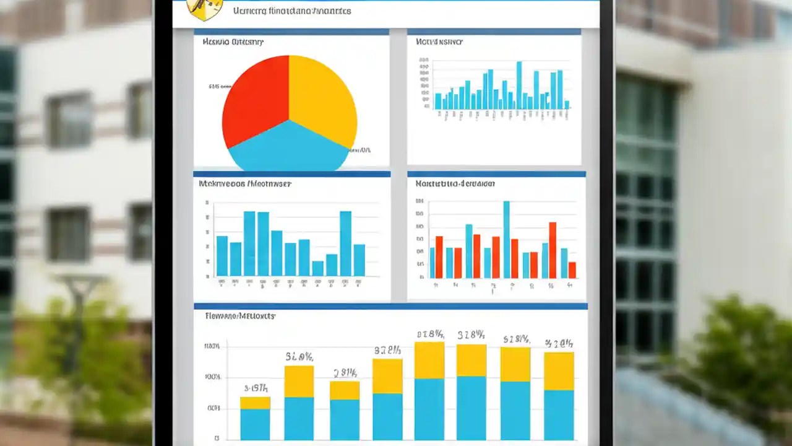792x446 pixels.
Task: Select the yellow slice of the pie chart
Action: (x=322, y=93)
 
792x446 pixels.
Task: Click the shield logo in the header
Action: (x=204, y=9)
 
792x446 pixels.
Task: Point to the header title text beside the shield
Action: (x=292, y=11)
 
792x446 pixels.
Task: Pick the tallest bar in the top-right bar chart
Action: (x=519, y=85)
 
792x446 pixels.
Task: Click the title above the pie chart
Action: (x=233, y=42)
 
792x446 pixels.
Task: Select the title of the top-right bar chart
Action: (x=439, y=42)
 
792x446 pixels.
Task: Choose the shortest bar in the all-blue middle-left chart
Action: (x=318, y=268)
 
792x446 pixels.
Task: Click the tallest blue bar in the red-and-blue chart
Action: (x=506, y=239)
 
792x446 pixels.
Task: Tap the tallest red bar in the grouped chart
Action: (x=553, y=250)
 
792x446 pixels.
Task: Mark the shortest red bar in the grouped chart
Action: (x=572, y=270)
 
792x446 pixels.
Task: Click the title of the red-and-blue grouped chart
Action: (x=455, y=184)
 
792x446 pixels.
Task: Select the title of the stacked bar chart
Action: (x=239, y=316)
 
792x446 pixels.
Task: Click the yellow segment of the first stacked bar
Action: (x=255, y=403)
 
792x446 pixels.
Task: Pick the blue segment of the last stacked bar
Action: (x=559, y=415)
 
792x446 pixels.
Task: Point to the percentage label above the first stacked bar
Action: (x=255, y=388)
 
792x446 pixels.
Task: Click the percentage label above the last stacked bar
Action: (x=559, y=343)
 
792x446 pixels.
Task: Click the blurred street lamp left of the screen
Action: (x=79, y=322)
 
